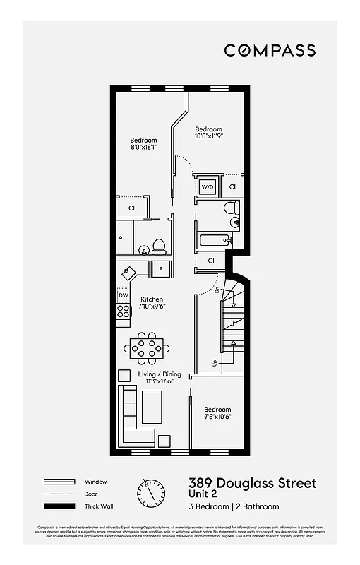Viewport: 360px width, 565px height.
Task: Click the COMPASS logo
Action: [x=270, y=50]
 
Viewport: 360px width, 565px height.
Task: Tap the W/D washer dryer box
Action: [x=208, y=187]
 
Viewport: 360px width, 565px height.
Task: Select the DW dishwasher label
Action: [x=124, y=295]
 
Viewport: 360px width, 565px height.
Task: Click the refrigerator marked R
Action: [x=161, y=269]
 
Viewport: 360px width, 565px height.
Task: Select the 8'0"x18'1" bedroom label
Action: [x=143, y=144]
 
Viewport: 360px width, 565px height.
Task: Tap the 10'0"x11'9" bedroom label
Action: [x=209, y=133]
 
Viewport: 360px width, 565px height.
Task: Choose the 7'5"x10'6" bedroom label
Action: [x=217, y=413]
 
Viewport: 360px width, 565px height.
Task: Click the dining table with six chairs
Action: [x=146, y=346]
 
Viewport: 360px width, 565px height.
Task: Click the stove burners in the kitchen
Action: [x=124, y=311]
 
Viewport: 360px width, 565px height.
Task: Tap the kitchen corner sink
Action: [x=128, y=271]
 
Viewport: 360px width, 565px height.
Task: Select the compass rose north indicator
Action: [x=150, y=492]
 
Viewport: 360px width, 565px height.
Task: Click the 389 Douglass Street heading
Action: [x=252, y=483]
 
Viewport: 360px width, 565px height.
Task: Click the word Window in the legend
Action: [x=96, y=482]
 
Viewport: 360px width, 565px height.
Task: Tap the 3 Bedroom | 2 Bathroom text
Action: [x=234, y=506]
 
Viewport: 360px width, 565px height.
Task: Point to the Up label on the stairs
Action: [x=214, y=364]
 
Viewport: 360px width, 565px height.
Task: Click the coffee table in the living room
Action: [x=152, y=408]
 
